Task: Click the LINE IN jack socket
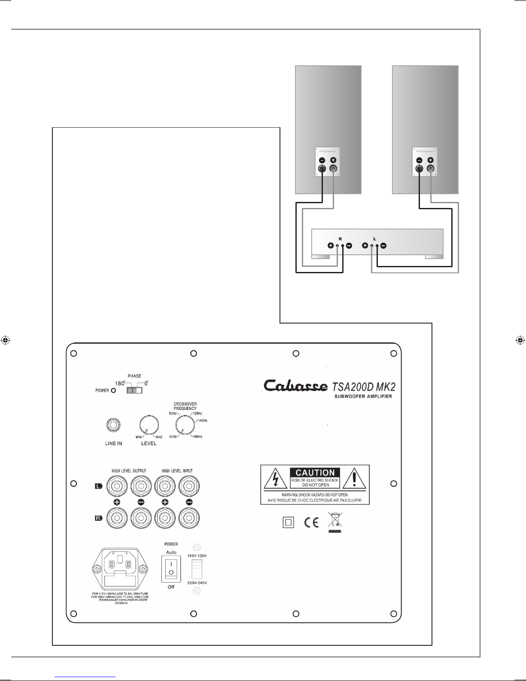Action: (x=113, y=425)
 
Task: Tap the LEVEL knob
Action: (x=149, y=425)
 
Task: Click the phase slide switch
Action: (x=134, y=391)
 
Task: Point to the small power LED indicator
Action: (x=113, y=391)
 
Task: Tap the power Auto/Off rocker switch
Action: (x=170, y=567)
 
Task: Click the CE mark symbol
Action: (x=311, y=522)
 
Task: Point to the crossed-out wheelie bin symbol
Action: (x=334, y=521)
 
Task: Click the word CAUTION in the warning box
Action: (x=315, y=473)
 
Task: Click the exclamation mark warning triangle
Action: (x=355, y=478)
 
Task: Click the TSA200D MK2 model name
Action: (x=364, y=385)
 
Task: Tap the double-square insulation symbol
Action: (x=288, y=522)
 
